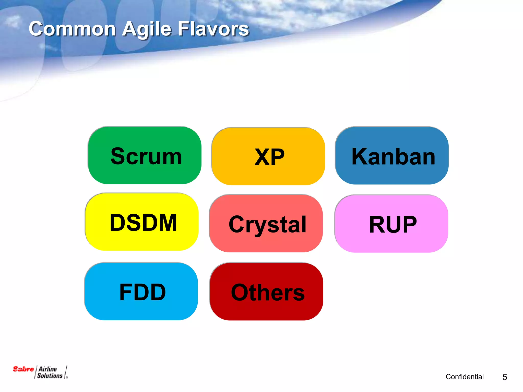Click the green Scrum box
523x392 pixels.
[145, 155]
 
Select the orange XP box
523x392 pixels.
[268, 156]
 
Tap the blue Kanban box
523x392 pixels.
[392, 155]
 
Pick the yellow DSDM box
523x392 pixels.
[142, 222]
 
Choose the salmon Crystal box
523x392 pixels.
[266, 223]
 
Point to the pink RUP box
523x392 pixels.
[391, 224]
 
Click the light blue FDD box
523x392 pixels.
[141, 291]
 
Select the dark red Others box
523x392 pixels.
[266, 291]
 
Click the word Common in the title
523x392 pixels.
[72, 29]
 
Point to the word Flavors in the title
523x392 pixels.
[213, 29]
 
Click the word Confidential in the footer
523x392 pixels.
[465, 377]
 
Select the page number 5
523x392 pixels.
[505, 377]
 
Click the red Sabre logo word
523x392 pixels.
[23, 369]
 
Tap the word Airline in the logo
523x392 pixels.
[48, 369]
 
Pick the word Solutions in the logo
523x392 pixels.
[50, 376]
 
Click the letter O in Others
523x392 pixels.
[240, 292]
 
